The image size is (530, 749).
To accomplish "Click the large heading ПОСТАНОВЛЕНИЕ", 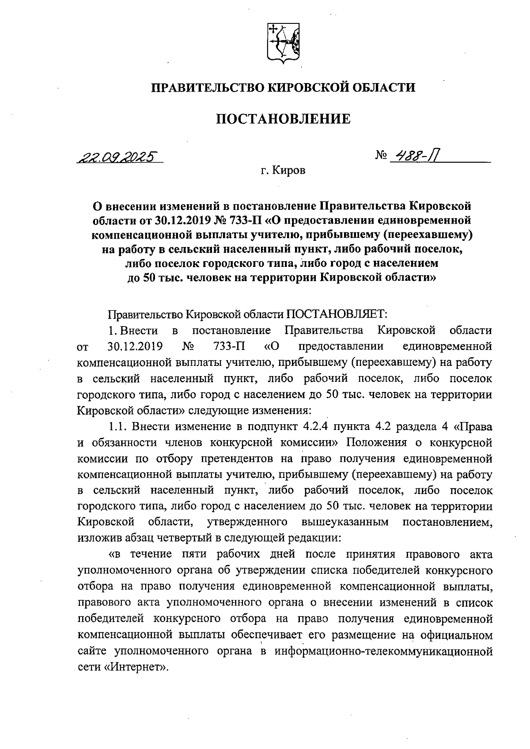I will click(x=283, y=119).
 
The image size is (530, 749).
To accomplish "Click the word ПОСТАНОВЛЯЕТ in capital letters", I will click(x=337, y=314).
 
